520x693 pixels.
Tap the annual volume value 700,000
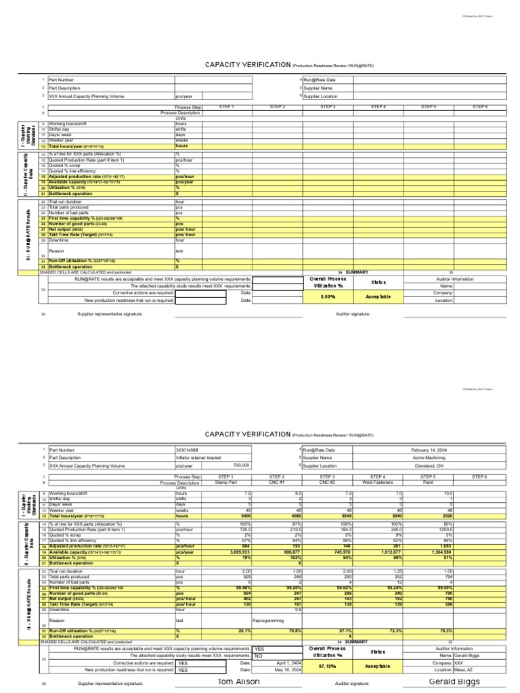click(241, 466)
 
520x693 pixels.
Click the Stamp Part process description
click(225, 483)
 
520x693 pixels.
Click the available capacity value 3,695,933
click(237, 534)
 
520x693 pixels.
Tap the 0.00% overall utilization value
click(328, 296)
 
